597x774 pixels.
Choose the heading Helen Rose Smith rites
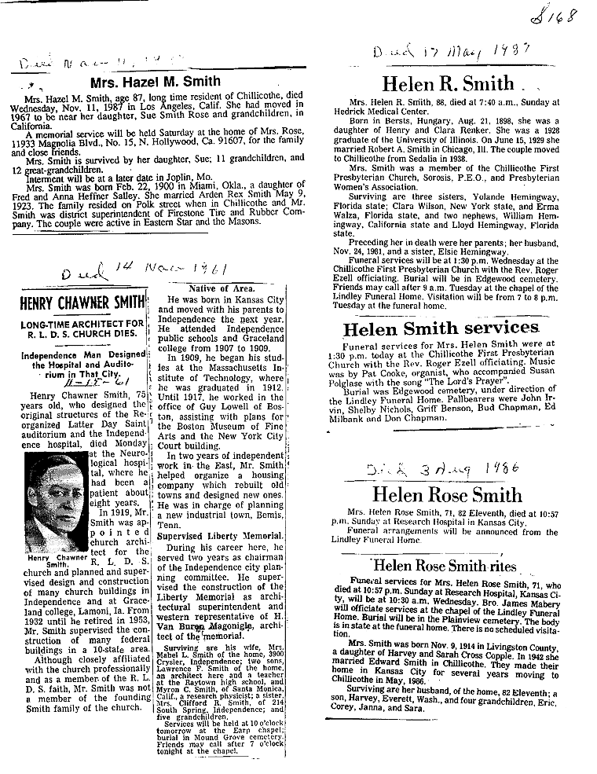445,566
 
